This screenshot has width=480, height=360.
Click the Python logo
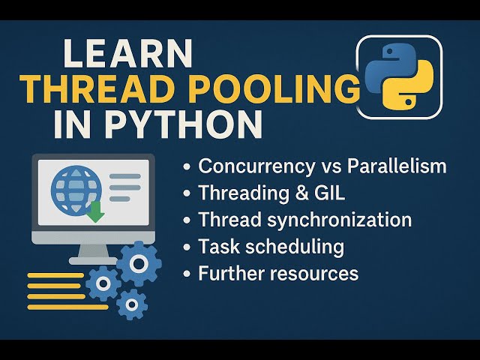(x=397, y=76)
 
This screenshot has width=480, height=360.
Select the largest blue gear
(x=139, y=263)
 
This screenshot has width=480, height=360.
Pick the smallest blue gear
(x=132, y=303)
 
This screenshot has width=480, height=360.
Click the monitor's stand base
(x=93, y=260)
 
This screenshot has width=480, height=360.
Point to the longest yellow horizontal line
(x=67, y=307)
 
